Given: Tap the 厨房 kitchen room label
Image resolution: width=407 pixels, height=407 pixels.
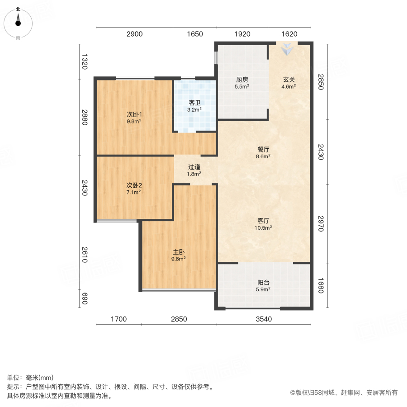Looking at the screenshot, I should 242,80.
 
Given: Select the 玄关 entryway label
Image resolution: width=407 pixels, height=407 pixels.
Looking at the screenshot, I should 289,80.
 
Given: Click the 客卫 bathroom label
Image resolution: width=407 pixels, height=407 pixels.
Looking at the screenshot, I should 195,103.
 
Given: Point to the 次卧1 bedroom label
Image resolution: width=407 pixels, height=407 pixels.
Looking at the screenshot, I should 134,114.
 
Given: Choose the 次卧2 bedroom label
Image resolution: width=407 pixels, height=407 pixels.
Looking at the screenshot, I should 134,185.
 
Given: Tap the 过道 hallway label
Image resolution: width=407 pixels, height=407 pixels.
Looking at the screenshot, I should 195,166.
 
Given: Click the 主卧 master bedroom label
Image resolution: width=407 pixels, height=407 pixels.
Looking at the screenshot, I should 179,252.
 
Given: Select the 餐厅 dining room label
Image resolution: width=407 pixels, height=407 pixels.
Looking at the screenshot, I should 263,150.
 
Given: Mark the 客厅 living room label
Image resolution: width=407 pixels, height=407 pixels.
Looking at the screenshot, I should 264,221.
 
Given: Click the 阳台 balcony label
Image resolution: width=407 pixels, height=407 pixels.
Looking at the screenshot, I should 263,282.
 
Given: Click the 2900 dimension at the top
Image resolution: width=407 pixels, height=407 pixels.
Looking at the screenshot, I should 134,34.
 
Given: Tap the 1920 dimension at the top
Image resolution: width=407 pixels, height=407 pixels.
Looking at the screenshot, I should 242,34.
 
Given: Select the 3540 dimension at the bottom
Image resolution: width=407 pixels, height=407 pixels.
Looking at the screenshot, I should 264,319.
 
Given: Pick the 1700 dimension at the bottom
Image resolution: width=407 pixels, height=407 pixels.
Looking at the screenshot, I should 118,319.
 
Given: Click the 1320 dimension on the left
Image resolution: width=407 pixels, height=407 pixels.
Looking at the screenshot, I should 84,62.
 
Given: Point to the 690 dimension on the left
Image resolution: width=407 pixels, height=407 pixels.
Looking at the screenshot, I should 84,299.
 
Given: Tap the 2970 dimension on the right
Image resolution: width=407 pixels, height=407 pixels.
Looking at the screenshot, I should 321,223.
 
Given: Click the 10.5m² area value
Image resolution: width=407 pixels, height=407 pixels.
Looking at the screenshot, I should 264,228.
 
